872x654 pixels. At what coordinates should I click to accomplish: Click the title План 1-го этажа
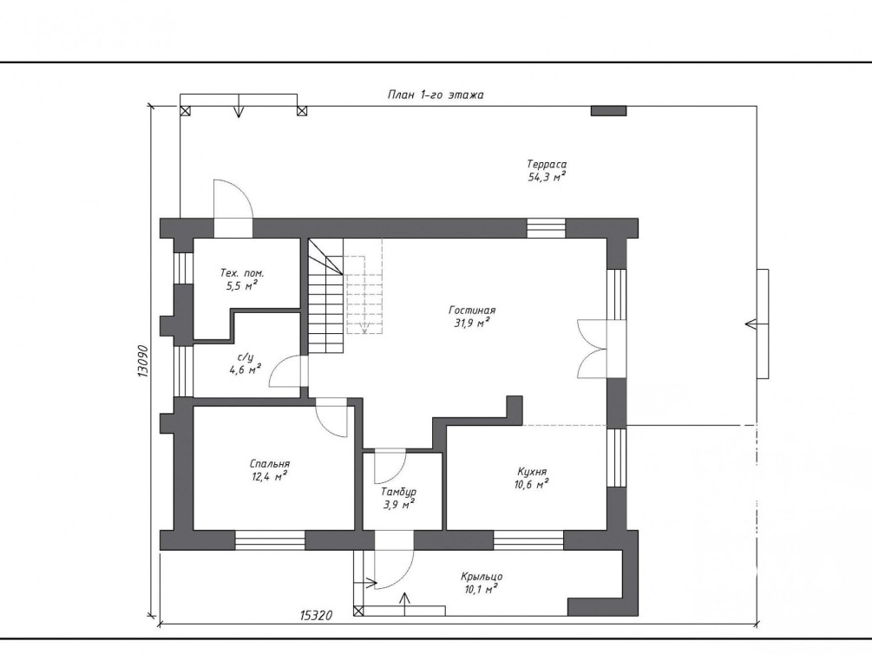point(436,95)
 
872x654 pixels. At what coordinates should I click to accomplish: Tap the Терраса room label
point(547,164)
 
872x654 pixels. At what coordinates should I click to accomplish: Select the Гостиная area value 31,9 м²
point(472,323)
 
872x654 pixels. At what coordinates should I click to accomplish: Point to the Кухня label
point(532,472)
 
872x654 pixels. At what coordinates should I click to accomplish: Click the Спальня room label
point(270,464)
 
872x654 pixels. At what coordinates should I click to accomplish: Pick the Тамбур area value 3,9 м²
point(398,505)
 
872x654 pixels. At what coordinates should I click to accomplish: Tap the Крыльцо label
point(482,577)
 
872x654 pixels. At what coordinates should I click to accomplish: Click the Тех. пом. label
point(242,273)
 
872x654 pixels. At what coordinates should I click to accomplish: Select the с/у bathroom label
point(246,357)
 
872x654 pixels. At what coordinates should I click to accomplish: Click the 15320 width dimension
point(316,615)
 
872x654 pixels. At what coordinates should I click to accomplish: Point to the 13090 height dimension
point(142,362)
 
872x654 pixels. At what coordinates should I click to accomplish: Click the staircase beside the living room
point(326,297)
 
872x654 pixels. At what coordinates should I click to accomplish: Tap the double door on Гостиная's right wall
point(593,350)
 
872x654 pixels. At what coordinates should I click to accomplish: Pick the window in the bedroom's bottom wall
point(270,540)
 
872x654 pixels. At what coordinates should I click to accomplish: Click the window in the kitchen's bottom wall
point(528,540)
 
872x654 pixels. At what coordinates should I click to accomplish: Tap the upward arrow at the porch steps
point(405,605)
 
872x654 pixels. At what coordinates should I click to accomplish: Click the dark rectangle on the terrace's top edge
point(608,111)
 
